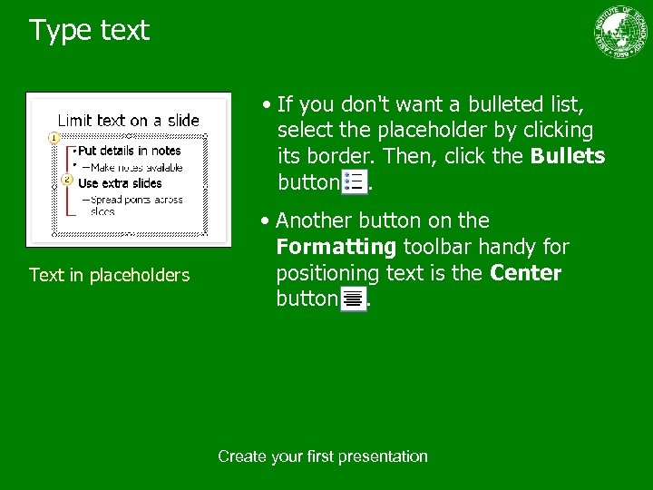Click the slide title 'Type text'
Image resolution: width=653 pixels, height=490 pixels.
[89, 31]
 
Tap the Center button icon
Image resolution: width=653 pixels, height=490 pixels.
[353, 298]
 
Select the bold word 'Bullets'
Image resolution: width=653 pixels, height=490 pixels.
[568, 156]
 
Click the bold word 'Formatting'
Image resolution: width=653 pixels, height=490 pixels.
[336, 247]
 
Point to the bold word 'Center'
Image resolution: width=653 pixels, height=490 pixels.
[525, 273]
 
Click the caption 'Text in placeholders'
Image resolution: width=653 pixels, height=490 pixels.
[109, 275]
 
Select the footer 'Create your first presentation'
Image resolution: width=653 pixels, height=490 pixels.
[323, 456]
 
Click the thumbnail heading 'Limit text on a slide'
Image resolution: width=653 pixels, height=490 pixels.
[128, 120]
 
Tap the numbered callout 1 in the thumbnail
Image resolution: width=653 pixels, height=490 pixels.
[54, 138]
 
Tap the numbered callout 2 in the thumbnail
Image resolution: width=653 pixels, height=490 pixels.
[67, 180]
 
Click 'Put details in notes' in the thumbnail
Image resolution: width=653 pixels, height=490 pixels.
[129, 151]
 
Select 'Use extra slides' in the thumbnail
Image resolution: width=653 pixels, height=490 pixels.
[120, 183]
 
